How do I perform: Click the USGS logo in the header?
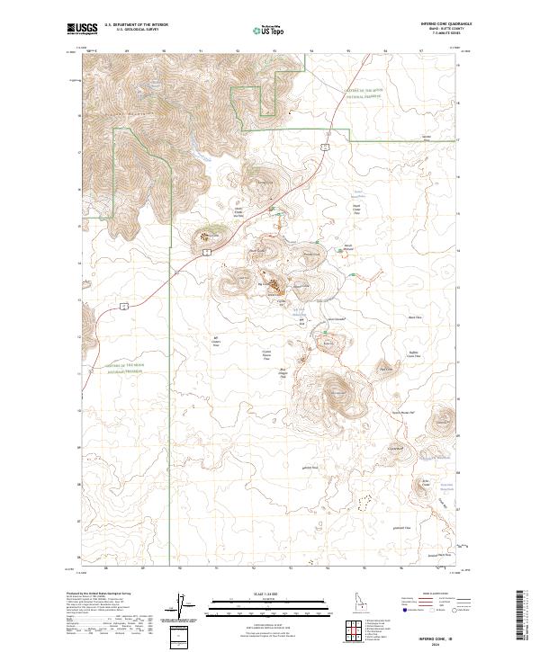coord(82,30)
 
